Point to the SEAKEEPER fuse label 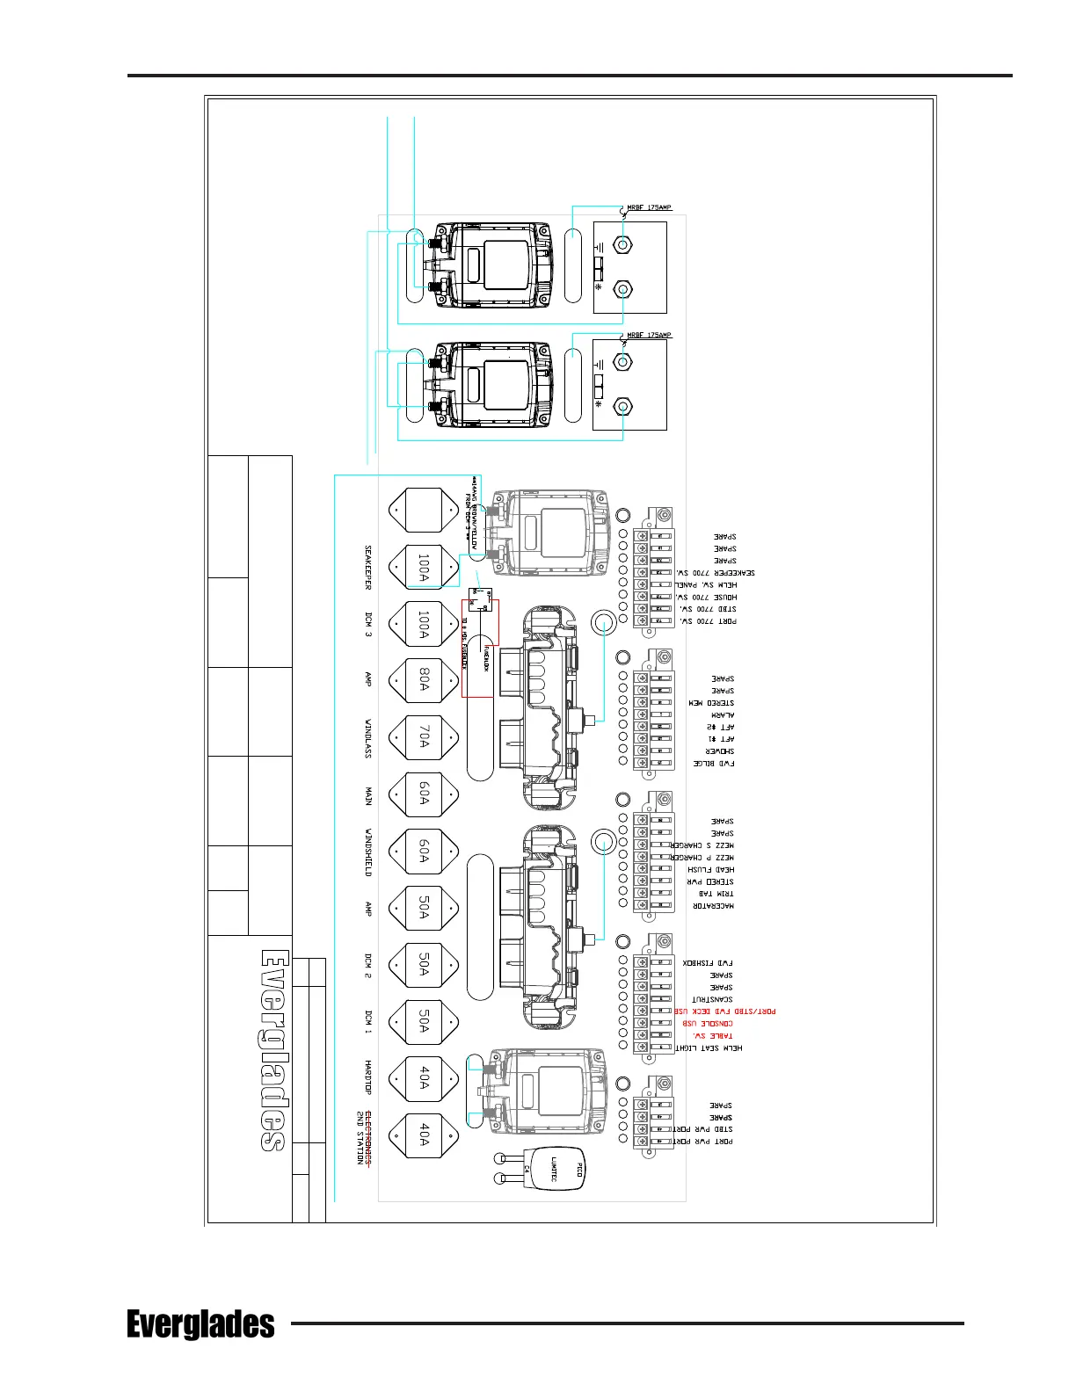coord(368,567)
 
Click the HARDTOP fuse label coord(368,1077)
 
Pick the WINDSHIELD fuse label coord(368,851)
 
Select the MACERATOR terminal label coord(715,906)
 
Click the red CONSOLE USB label coord(708,1024)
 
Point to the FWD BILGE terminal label coord(715,764)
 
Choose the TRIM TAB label coord(716,894)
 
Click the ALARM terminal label coord(723,715)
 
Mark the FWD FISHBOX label coord(709,963)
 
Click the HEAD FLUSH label coord(711,869)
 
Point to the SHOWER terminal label coord(720,751)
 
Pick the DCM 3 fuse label coord(368,623)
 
